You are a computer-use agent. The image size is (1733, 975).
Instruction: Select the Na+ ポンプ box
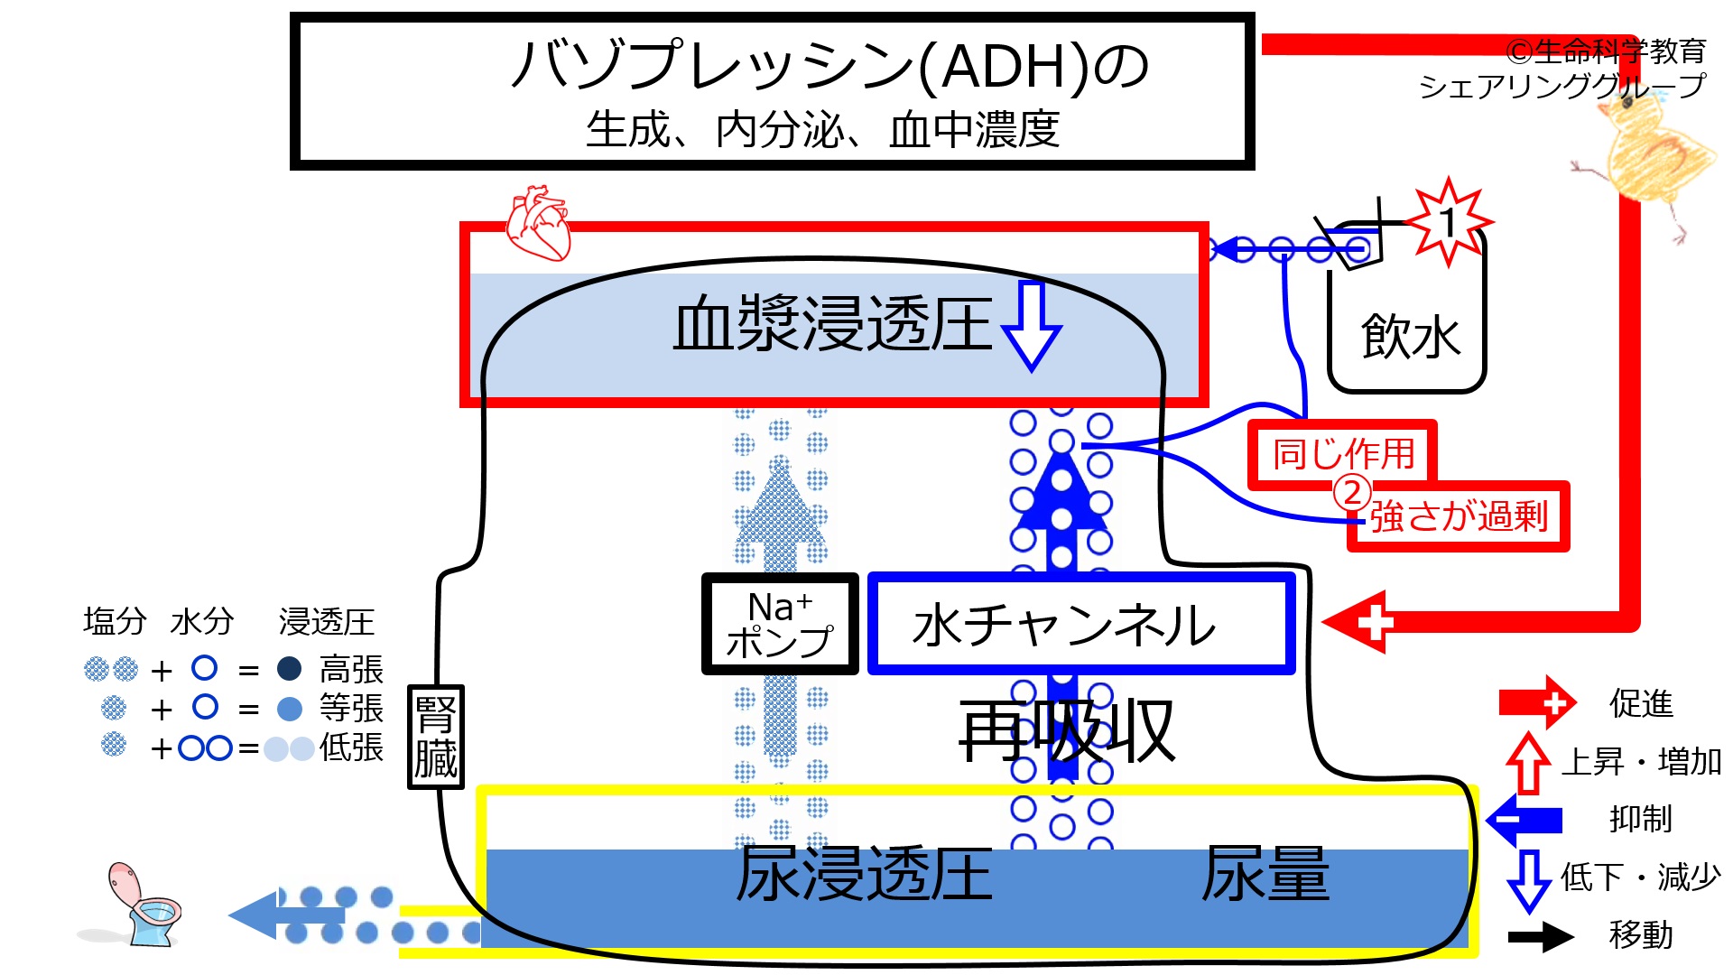click(x=780, y=624)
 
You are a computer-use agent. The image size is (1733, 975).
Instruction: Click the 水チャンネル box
click(x=1081, y=624)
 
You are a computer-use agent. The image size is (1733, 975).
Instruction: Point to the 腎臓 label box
click(x=436, y=737)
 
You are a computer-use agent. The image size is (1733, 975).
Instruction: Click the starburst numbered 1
click(x=1449, y=222)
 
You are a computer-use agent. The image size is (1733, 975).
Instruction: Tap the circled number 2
click(x=1352, y=493)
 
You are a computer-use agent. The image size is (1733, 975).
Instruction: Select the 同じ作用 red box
click(x=1342, y=454)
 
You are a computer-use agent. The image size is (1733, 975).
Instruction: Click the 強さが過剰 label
click(x=1460, y=516)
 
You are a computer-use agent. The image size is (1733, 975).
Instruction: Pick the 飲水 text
click(x=1410, y=337)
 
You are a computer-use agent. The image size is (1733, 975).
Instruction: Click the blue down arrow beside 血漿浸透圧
click(x=1032, y=325)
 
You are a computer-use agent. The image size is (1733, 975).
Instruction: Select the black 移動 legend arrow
click(x=1542, y=936)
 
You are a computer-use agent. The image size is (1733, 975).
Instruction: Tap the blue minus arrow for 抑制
click(x=1524, y=820)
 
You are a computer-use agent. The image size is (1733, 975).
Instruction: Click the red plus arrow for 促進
click(x=1538, y=702)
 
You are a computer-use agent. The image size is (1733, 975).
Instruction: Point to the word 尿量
click(x=1265, y=873)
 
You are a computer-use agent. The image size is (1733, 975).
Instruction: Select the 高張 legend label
click(x=351, y=670)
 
